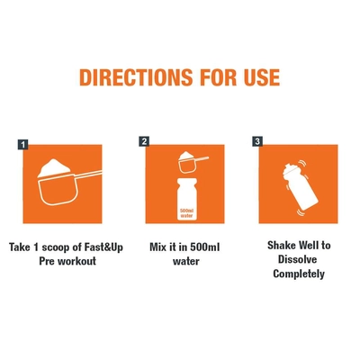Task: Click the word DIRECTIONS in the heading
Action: (136, 77)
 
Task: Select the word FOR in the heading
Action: (219, 77)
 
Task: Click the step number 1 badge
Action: (22, 145)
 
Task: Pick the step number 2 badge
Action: (144, 141)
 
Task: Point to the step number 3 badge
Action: (257, 141)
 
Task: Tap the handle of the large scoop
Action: (89, 175)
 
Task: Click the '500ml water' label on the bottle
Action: (186, 213)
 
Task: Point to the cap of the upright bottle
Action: (187, 181)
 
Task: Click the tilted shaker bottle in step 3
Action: (299, 186)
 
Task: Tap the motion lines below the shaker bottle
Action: (300, 213)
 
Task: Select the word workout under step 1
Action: (76, 261)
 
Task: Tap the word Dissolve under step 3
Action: (297, 259)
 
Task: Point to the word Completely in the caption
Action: (299, 274)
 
